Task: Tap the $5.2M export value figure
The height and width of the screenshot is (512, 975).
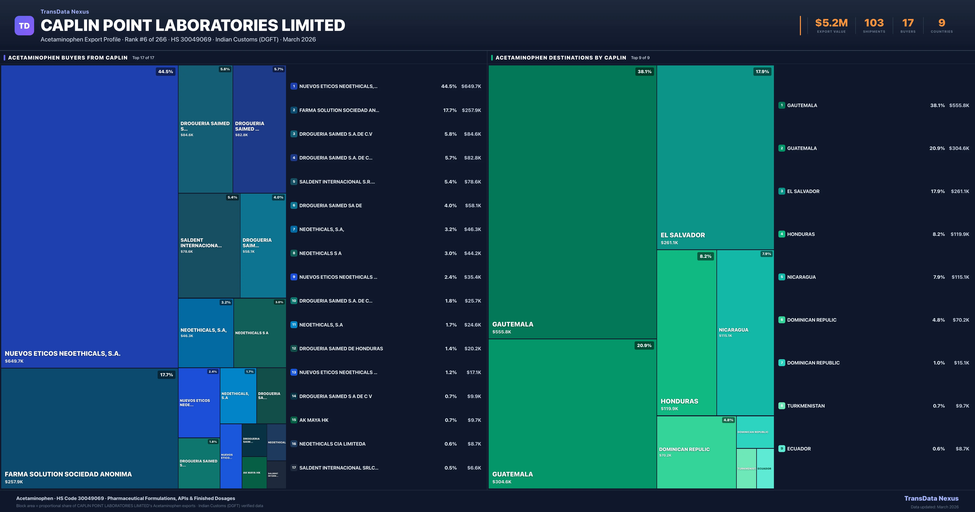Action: click(831, 23)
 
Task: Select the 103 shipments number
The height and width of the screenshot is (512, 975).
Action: click(874, 23)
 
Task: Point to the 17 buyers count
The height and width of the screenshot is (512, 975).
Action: click(908, 23)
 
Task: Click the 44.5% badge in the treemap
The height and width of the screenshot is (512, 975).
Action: click(165, 72)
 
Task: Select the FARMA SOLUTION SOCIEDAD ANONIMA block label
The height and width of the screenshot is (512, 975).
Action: click(68, 474)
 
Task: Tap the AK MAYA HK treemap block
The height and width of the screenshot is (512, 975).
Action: click(252, 473)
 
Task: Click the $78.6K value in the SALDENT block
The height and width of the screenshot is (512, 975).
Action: click(187, 252)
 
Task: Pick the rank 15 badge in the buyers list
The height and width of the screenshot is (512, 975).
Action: click(294, 420)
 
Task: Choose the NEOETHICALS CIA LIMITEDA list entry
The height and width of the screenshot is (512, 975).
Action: click(332, 444)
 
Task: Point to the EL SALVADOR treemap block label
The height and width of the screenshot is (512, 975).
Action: click(682, 235)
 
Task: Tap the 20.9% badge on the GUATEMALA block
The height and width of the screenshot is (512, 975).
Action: click(644, 345)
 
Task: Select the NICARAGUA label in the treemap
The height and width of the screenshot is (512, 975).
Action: click(733, 330)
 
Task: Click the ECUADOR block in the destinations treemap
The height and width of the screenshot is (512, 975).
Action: click(765, 469)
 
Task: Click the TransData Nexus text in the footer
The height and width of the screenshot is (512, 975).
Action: click(931, 498)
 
